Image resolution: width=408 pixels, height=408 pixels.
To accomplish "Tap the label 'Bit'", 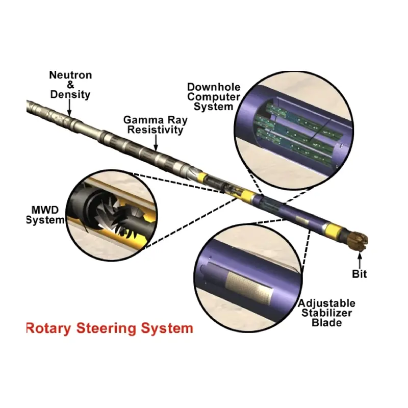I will click(x=360, y=274).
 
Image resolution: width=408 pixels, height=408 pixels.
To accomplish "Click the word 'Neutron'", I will click(x=70, y=75).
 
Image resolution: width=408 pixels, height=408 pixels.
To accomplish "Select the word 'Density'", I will click(x=70, y=94).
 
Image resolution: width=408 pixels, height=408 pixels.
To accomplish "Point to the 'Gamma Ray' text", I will click(x=155, y=120).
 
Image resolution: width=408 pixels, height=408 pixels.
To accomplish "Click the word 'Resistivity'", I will click(x=155, y=130).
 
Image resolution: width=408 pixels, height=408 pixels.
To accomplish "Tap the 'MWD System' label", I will click(x=45, y=215).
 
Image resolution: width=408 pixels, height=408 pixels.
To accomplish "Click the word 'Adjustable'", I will click(x=326, y=303).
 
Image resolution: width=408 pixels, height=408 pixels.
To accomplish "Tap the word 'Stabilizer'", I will click(x=326, y=313).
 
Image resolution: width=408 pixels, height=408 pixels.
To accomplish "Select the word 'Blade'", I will click(x=326, y=322).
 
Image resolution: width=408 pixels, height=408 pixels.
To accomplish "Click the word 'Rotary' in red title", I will click(x=48, y=328).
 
